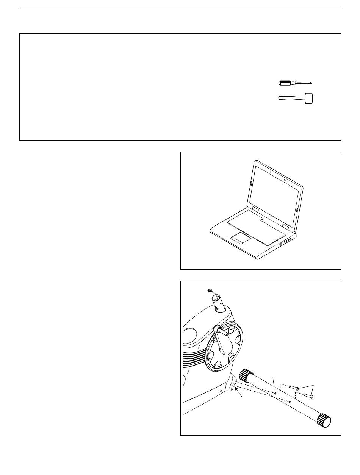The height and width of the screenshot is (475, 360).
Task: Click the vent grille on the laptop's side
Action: (281, 245)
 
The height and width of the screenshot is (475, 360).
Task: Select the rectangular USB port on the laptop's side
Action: (285, 241)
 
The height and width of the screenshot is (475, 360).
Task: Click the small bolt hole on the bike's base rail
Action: (221, 390)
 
